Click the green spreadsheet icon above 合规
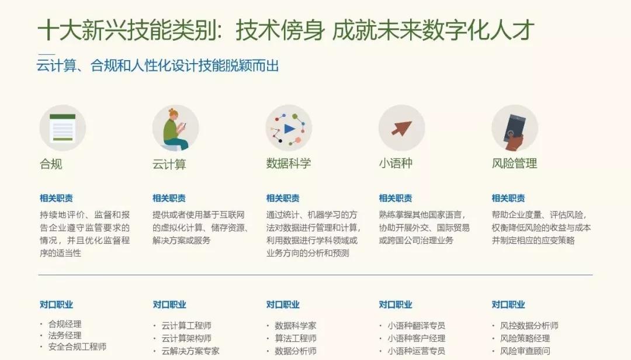(x=63, y=127)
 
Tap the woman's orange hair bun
(x=172, y=110)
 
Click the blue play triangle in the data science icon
(x=289, y=129)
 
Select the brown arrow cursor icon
(x=402, y=128)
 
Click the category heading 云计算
(x=169, y=164)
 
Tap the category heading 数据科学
(x=289, y=163)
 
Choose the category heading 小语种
(x=396, y=163)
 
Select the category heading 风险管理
(x=514, y=163)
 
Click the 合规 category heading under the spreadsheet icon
(x=51, y=164)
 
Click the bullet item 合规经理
(x=65, y=324)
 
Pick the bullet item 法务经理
(x=65, y=335)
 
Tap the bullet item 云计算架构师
(x=186, y=338)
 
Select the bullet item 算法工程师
(x=296, y=338)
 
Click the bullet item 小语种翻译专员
(x=416, y=326)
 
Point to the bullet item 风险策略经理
(x=525, y=338)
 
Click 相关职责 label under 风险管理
(x=508, y=198)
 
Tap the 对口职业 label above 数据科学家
(x=283, y=304)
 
